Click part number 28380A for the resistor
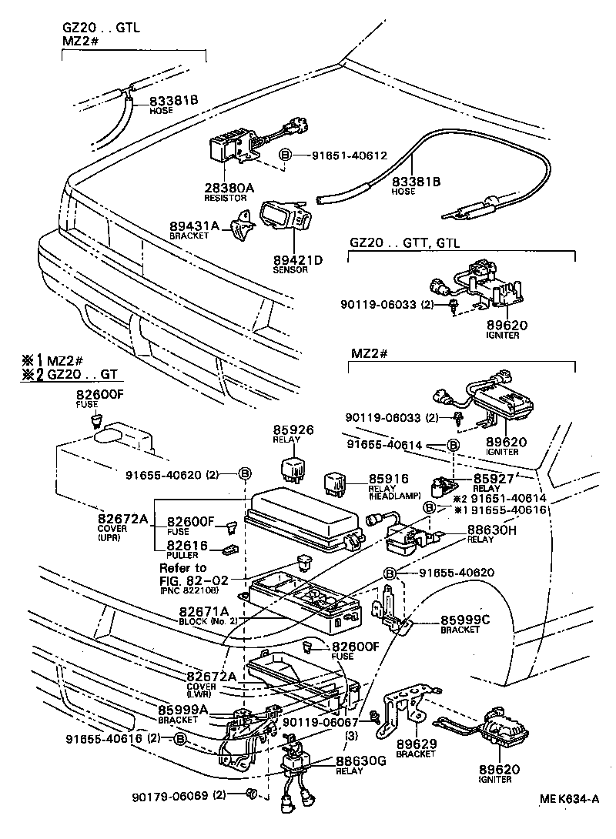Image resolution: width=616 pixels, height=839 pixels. click(x=228, y=187)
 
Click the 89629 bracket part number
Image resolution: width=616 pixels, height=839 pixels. click(x=417, y=744)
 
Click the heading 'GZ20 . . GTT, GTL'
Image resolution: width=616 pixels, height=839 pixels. click(x=404, y=242)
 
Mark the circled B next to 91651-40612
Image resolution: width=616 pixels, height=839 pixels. click(x=285, y=155)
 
